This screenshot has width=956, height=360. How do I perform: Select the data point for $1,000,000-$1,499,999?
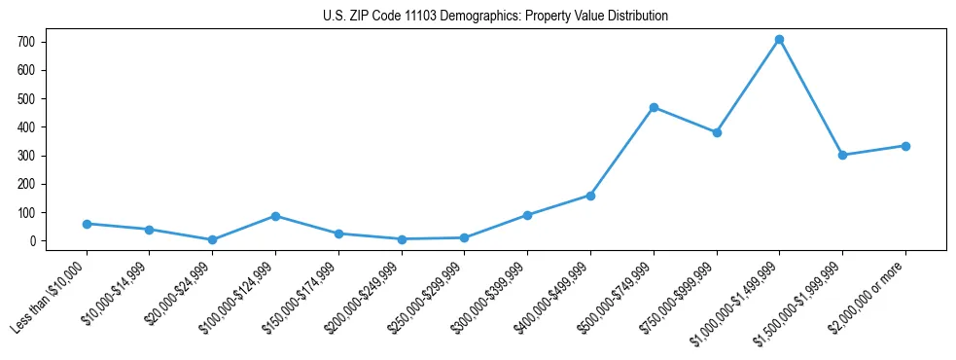779,40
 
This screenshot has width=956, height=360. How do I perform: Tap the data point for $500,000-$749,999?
654,107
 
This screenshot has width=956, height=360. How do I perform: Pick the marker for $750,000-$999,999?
717,132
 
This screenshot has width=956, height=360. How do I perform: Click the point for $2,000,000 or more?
905,146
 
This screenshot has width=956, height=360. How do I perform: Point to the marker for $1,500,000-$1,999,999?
842,155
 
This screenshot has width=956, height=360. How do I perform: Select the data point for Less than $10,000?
87,224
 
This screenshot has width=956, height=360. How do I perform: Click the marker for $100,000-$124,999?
275,216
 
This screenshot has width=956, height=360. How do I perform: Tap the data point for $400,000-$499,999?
590,196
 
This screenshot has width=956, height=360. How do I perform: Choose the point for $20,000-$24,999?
212,239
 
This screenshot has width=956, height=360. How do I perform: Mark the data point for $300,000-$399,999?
527,215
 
